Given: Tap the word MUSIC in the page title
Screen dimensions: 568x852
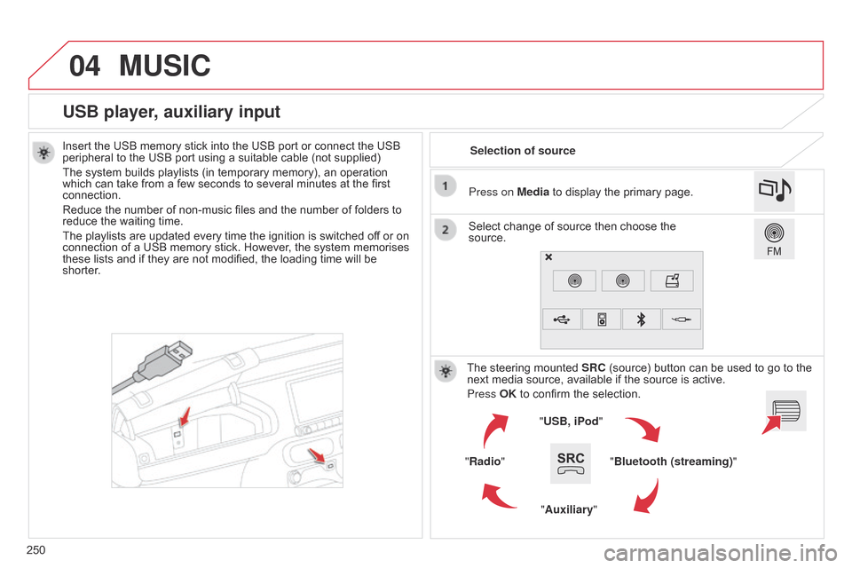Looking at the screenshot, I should click(164, 66).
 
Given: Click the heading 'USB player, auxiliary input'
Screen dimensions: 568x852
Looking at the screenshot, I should click(171, 112).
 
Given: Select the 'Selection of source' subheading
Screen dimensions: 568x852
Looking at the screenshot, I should click(522, 151).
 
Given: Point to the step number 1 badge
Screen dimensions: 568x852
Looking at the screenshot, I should click(446, 185).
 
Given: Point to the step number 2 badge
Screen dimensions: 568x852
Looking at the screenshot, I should click(446, 230).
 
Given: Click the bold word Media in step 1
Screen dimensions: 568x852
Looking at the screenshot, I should click(533, 192).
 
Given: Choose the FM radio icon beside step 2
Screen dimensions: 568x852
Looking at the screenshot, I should click(774, 238).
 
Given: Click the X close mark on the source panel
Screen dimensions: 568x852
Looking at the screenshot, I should click(548, 257).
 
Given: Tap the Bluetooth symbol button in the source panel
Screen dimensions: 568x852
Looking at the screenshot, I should click(642, 319).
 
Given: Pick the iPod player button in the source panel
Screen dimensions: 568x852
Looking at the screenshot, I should click(602, 319).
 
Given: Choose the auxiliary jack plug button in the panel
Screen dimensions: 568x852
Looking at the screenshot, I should click(681, 319).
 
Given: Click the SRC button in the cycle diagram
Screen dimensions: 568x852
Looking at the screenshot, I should click(571, 462).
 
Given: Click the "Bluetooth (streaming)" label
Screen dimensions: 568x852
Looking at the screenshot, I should click(674, 461).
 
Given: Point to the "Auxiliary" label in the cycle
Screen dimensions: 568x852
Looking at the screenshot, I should click(569, 509).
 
